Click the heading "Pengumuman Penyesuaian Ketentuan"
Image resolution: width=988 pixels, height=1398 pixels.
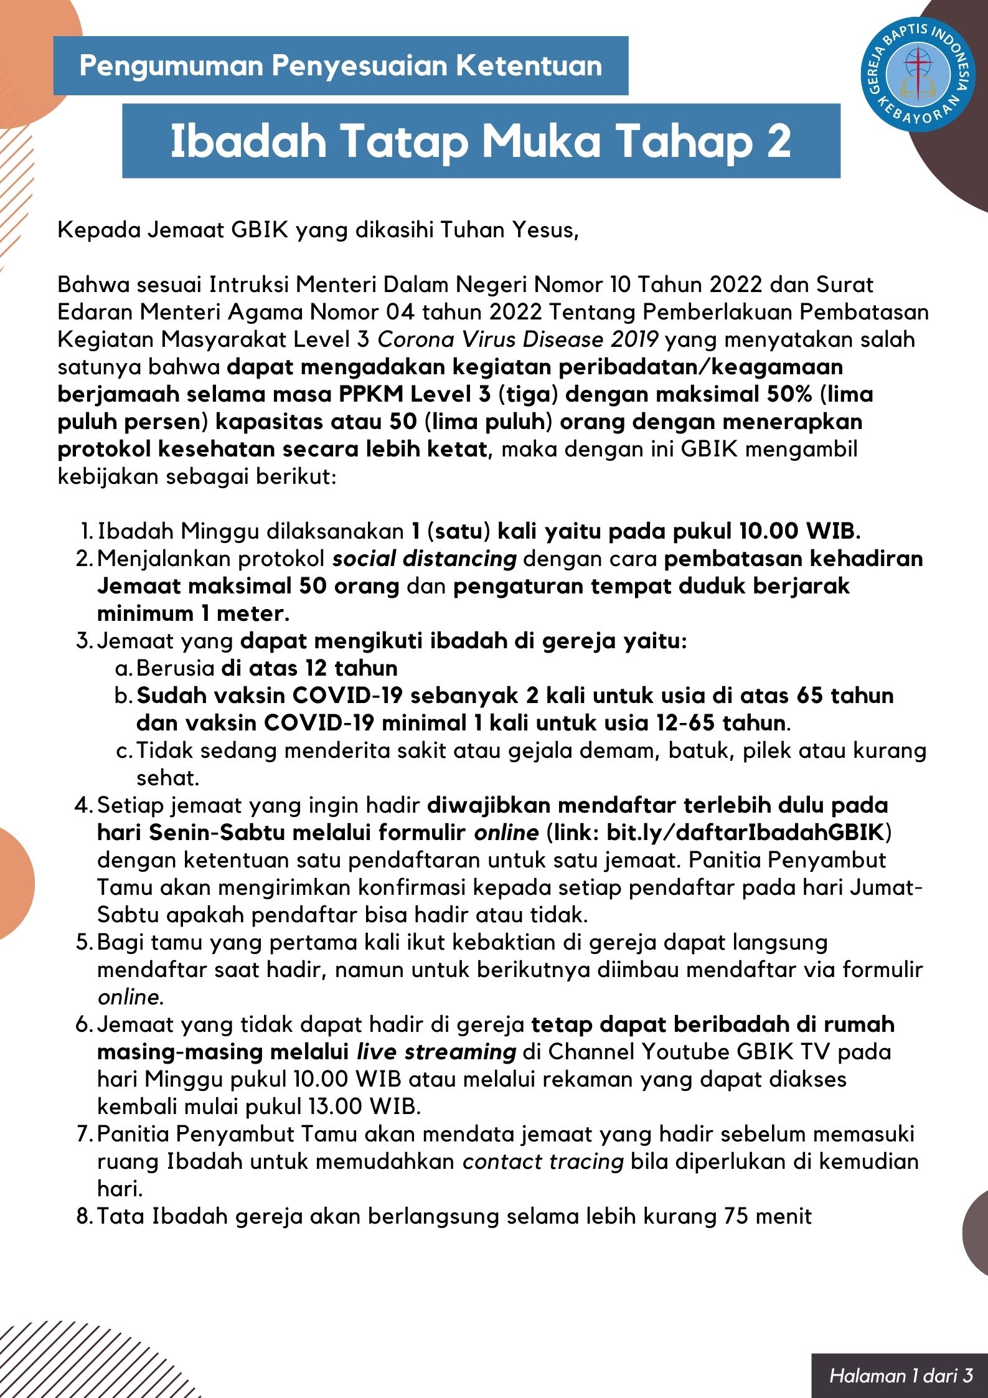coord(341,66)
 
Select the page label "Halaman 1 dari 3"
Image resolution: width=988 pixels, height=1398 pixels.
coord(900,1376)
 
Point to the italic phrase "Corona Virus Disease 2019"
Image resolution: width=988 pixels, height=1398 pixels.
coord(518,340)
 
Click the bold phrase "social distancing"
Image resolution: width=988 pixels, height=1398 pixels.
coord(424,559)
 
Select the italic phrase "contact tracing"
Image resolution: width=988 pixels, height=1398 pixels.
coord(543,1162)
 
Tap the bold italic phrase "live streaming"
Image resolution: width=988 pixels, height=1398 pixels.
coord(436,1052)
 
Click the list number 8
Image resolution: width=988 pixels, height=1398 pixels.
coord(83,1217)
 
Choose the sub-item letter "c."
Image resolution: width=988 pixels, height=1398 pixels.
coord(124,751)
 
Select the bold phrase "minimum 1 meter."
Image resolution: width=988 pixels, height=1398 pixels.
coord(193,614)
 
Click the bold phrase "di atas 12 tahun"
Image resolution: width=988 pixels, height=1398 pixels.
coord(309,669)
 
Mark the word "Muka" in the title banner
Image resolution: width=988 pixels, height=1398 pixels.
coord(541,141)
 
